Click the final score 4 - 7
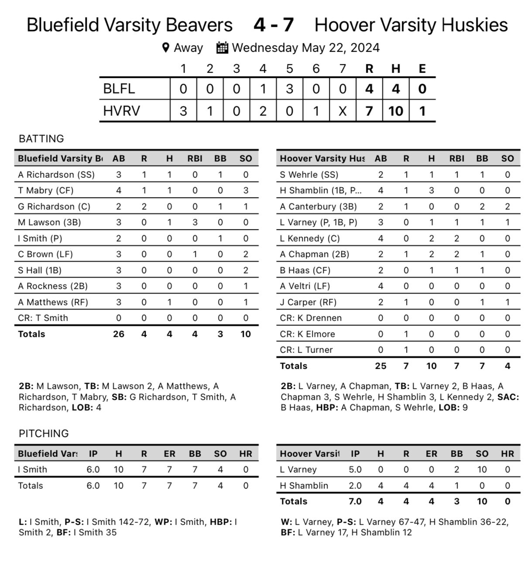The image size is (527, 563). tap(274, 25)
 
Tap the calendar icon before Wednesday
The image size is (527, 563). tap(222, 48)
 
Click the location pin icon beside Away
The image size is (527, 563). tap(165, 48)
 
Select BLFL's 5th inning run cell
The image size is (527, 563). tap(289, 89)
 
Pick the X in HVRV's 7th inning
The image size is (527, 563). tap(342, 111)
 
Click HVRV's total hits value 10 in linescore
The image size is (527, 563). tap(396, 111)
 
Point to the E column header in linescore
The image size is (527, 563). tap(422, 69)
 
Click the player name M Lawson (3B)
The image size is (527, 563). tap(49, 222)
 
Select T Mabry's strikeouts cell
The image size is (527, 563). tap(246, 190)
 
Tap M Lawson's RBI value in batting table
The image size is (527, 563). tap(195, 222)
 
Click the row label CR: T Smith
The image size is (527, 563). tap(43, 318)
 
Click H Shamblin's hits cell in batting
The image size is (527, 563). tap(431, 190)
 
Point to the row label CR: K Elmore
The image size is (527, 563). tap(307, 334)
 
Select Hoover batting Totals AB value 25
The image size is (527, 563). tap(380, 366)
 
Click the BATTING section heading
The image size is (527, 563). tap(41, 139)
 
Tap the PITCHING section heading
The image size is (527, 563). tap(44, 434)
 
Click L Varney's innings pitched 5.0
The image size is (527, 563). tap(355, 470)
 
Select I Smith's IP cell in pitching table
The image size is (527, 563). tap(93, 470)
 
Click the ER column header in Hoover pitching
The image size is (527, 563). tap(431, 454)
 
